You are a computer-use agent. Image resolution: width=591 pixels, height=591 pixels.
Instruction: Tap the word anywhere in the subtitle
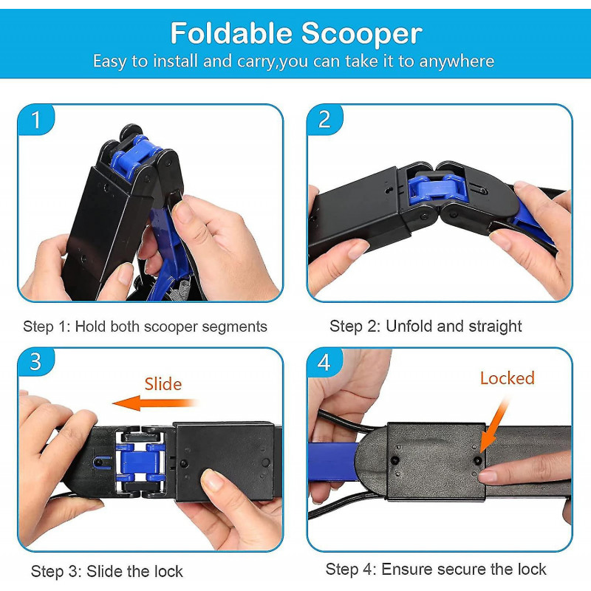(457, 61)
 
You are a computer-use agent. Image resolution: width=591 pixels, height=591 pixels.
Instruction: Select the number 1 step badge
(36, 120)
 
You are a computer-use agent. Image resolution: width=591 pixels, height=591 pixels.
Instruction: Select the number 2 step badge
(324, 120)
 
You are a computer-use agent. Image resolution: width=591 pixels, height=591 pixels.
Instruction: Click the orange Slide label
(163, 384)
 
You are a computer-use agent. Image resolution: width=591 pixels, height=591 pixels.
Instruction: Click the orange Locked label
(507, 378)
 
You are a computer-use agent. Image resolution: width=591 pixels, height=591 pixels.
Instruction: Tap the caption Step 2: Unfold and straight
(426, 326)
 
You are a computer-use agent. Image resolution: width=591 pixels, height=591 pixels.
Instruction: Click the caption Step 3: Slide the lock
(106, 571)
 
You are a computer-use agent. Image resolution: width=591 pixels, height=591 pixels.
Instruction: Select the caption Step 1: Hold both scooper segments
(145, 326)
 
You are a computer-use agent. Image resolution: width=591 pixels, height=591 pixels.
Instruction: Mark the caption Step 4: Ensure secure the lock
(436, 569)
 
